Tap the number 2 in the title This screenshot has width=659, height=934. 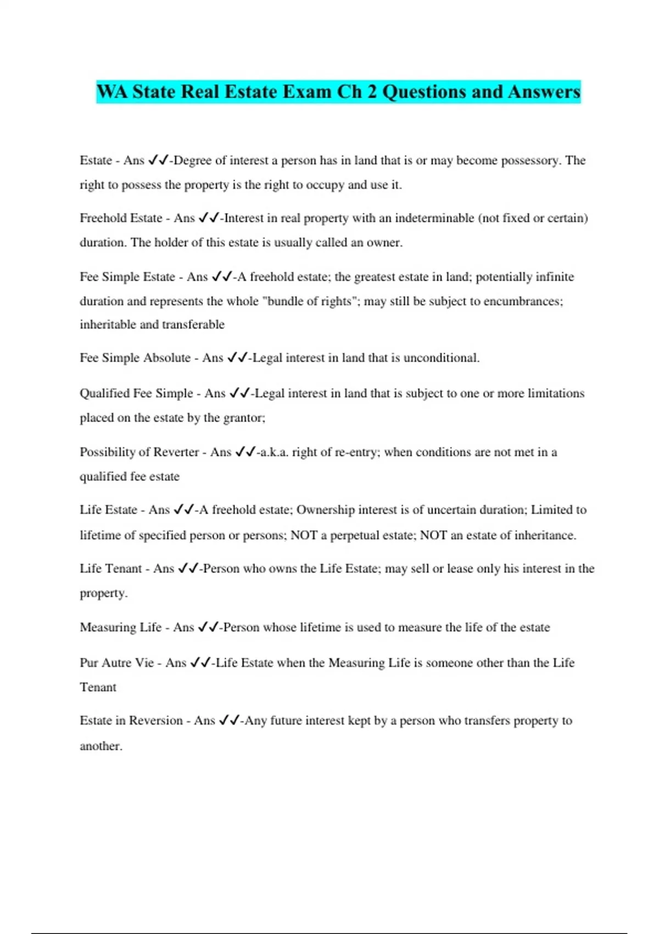click(x=372, y=91)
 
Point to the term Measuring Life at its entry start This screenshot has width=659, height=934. click(x=120, y=627)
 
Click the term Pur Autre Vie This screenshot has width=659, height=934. click(x=116, y=663)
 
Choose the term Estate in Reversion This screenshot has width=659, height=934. click(x=131, y=720)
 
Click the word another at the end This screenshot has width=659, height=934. click(x=100, y=746)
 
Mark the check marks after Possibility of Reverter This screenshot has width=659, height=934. click(x=245, y=452)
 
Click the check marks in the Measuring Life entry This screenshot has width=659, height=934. click(x=208, y=627)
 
